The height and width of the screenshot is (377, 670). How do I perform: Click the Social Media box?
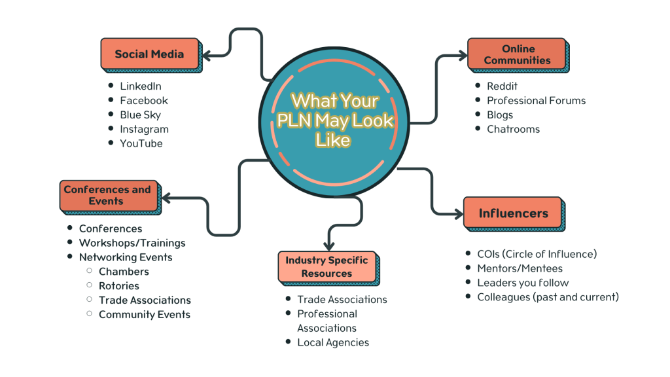149,54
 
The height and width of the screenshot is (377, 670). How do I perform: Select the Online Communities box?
518,54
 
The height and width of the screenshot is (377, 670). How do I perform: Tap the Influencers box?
513,213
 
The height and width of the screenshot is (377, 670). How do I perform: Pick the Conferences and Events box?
107,195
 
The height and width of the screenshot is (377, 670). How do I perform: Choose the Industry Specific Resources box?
326,266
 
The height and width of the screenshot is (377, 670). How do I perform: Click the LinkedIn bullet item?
140,86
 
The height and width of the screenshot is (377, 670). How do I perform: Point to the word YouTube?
141,143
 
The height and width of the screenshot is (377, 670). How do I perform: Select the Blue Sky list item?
140,115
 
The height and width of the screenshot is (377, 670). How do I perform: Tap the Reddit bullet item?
502,86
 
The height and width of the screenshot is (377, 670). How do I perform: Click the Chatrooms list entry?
513,129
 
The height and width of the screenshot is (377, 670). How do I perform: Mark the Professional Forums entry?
536,100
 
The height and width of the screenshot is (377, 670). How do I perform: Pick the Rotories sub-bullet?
118,285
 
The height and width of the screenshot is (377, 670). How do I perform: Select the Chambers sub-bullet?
124,271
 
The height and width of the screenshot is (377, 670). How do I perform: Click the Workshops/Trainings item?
132,243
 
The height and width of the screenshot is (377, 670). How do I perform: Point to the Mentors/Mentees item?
520,268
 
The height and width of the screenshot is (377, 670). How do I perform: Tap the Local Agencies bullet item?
333,342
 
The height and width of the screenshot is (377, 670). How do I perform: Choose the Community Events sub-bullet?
144,314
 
